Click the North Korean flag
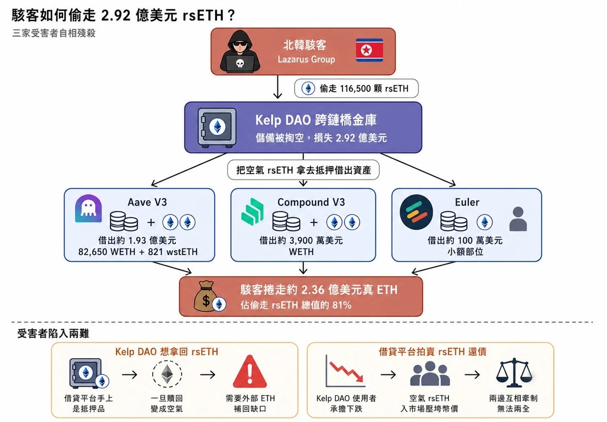369,50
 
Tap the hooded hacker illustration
240,51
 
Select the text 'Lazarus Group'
306,59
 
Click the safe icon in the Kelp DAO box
217,128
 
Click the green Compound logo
252,212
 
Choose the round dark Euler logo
416,212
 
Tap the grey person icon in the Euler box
518,219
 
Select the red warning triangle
250,372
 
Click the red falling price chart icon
345,371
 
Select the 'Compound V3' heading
311,202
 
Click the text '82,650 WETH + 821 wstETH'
138,252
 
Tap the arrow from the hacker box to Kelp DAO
277,87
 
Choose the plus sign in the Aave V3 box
151,222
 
